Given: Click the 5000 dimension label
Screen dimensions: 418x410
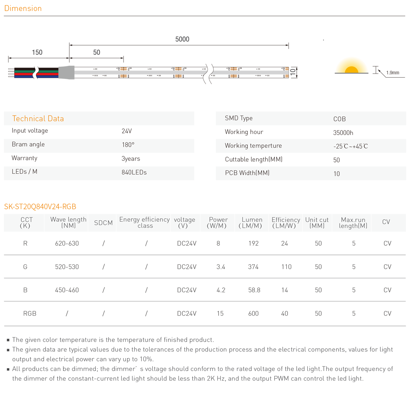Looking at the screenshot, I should pos(182,39).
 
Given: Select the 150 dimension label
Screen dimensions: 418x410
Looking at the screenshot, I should pos(37,52).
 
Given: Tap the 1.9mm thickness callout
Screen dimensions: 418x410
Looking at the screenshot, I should pos(392,73).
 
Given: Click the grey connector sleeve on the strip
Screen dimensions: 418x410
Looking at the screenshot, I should pos(66,72).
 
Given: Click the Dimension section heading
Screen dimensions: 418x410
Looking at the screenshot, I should pos(23,8).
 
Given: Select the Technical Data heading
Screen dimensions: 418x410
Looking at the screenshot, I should pos(38,118).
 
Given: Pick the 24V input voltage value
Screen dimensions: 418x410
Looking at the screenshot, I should pos(127,131).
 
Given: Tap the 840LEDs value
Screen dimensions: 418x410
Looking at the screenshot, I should pos(134,172).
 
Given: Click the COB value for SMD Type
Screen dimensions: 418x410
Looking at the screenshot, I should pos(339,119).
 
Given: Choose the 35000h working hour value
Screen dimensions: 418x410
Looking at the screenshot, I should pos(343,133).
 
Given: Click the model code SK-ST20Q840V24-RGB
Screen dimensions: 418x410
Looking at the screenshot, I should pos(40,206).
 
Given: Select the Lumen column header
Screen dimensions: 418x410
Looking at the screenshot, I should pos(252,222).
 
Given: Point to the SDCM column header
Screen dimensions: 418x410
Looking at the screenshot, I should pos(103,223).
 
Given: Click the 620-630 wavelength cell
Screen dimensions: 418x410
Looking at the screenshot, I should pos(67,243).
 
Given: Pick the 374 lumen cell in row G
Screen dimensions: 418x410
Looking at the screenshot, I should pos(253,267).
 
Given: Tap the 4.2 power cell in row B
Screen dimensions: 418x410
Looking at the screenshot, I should pos(221,290).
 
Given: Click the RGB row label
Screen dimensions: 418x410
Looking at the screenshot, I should pos(30,313).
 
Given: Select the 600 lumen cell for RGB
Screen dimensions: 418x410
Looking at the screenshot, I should pos(253,313).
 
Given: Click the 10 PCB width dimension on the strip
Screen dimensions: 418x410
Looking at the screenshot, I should pos(293,72).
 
